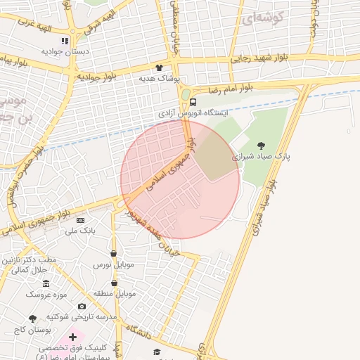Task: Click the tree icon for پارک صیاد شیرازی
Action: tap(262, 146)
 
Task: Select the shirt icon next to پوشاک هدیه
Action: tap(159, 67)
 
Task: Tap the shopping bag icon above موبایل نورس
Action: tap(113, 254)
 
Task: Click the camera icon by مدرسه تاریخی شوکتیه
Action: tap(82, 307)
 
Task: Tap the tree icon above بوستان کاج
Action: tap(33, 319)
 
